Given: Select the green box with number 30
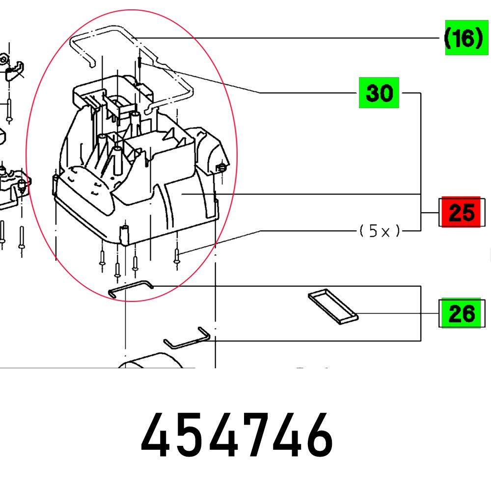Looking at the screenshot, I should click(x=379, y=92).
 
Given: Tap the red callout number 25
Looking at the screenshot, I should click(x=461, y=212).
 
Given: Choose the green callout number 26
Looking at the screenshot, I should click(x=461, y=313).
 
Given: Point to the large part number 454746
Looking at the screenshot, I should click(x=237, y=435).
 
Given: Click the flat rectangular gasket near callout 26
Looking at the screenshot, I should click(x=333, y=307).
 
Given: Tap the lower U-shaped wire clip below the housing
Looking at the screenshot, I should click(x=188, y=339).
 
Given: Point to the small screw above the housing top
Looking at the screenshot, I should click(x=140, y=62).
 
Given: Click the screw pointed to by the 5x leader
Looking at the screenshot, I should click(x=177, y=256).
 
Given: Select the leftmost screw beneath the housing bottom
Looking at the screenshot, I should click(x=102, y=259).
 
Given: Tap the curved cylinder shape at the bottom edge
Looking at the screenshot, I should click(x=150, y=362).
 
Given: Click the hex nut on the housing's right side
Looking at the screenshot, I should click(x=220, y=169).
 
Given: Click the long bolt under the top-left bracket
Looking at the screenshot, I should click(x=9, y=110).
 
